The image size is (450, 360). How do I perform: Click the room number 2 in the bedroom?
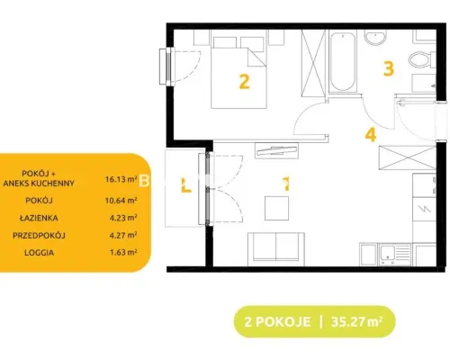pyautogui.click(x=244, y=82)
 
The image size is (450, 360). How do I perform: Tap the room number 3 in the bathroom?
pyautogui.click(x=389, y=68)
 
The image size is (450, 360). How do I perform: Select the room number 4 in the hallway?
pyautogui.click(x=371, y=134)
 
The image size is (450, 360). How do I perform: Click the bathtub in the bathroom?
pyautogui.click(x=343, y=61)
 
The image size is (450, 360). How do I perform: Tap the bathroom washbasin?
pyautogui.click(x=375, y=37)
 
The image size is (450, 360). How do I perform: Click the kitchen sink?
pyautogui.click(x=395, y=255)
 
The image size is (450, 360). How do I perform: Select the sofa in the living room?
pyautogui.click(x=276, y=249)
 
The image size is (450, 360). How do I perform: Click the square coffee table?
pyautogui.click(x=276, y=208)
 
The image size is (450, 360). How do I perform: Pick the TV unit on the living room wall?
pyautogui.click(x=276, y=150)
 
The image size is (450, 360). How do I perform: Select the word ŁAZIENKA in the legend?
pyautogui.click(x=39, y=218)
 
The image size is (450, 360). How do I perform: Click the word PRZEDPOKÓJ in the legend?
pyautogui.click(x=39, y=236)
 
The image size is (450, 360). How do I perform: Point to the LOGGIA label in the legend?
pyautogui.click(x=40, y=253)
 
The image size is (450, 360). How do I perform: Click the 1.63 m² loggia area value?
pyautogui.click(x=123, y=252)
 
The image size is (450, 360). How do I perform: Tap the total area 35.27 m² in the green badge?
pyautogui.click(x=356, y=322)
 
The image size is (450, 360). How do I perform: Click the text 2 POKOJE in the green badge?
pyautogui.click(x=277, y=322)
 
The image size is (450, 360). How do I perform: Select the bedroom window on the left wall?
pyautogui.click(x=166, y=67)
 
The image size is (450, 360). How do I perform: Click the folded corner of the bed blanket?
pyautogui.click(x=256, y=57)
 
